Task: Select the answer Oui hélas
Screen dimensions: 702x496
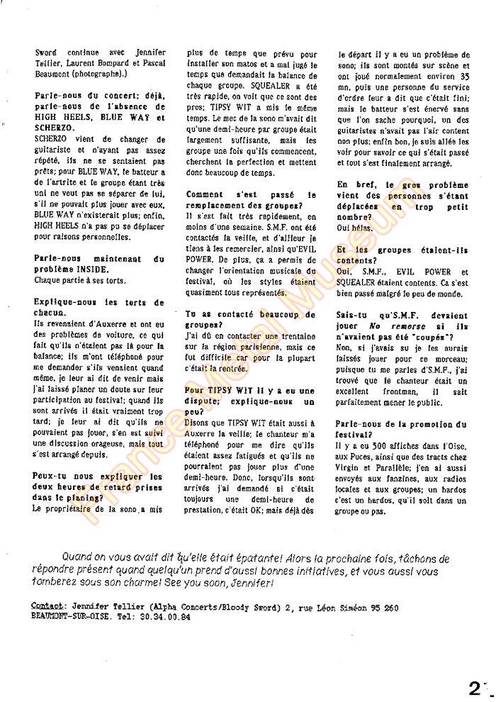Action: (354, 228)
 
